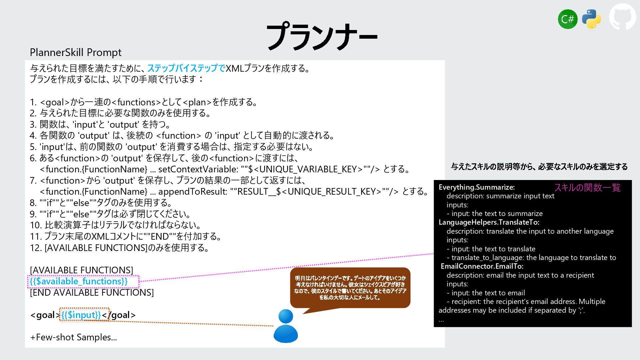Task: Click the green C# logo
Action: click(x=567, y=19)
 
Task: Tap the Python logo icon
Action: click(x=591, y=19)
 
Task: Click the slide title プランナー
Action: click(x=321, y=37)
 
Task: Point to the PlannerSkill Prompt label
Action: click(x=76, y=52)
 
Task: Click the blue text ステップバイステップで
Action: click(x=186, y=68)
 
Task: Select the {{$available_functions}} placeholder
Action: click(x=79, y=281)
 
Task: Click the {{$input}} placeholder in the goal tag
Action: click(x=81, y=315)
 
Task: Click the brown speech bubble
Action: click(x=350, y=288)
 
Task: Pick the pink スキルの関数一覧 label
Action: click(x=587, y=188)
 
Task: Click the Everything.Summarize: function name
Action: click(x=476, y=187)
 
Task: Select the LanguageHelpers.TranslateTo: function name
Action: click(x=489, y=222)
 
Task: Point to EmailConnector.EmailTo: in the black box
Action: click(x=482, y=266)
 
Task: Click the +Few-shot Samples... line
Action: click(x=73, y=337)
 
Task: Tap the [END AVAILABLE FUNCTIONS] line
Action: click(x=92, y=293)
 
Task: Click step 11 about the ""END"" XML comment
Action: click(x=126, y=237)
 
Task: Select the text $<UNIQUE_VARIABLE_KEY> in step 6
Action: click(x=305, y=169)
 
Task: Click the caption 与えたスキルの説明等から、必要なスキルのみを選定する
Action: click(x=539, y=167)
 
